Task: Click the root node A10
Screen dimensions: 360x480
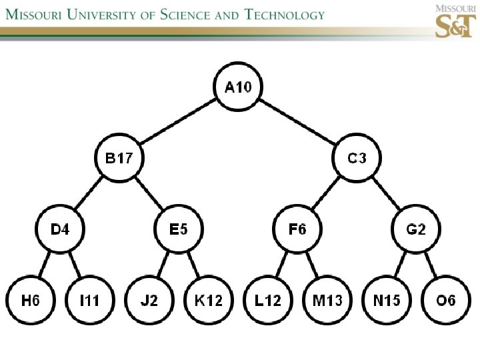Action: point(238,87)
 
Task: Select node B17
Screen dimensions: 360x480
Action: point(119,159)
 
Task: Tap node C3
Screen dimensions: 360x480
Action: point(357,159)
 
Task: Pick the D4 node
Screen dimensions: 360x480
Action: point(60,230)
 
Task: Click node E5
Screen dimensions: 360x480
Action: point(179,230)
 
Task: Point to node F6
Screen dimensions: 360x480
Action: point(297,230)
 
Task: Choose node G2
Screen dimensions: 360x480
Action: point(416,230)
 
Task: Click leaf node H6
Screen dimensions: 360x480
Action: point(31,301)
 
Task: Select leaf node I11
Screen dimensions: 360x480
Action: point(89,301)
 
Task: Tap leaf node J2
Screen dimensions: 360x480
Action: point(149,301)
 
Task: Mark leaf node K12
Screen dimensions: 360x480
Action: point(208,301)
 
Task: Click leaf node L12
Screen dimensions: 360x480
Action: point(268,301)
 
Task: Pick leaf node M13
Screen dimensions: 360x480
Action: point(327,301)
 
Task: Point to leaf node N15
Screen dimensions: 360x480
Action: point(387,301)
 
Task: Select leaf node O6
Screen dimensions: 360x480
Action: point(446,301)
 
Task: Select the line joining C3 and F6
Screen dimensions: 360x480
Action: point(327,195)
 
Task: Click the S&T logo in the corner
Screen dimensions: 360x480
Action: point(455,22)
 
